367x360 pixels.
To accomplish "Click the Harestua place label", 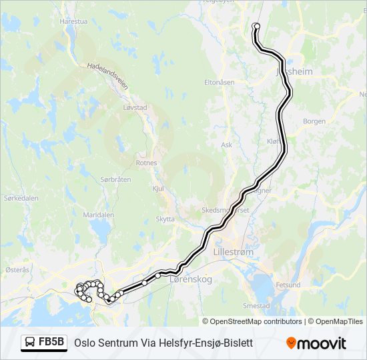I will pos(73,21).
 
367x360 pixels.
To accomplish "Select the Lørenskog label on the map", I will pos(191,279).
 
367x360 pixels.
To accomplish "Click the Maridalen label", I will pos(97,215).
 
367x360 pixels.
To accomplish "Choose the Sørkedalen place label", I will pos(20,198).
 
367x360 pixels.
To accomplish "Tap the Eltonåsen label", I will pos(219,82).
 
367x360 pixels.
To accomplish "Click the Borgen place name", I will pos(314,121).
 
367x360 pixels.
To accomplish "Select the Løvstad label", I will pos(135,107).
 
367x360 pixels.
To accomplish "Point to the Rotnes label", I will pos(146,163).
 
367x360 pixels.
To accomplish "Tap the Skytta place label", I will pos(165,219).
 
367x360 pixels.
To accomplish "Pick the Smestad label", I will pos(256,306).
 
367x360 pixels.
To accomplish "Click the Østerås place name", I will pos(17,269).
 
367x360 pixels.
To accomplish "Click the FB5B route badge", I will pos(44,343).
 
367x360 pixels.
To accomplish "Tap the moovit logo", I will pos(316,343).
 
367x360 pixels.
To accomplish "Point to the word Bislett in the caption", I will pos(238,343).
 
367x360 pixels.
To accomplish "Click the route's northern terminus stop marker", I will pos(256,27).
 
